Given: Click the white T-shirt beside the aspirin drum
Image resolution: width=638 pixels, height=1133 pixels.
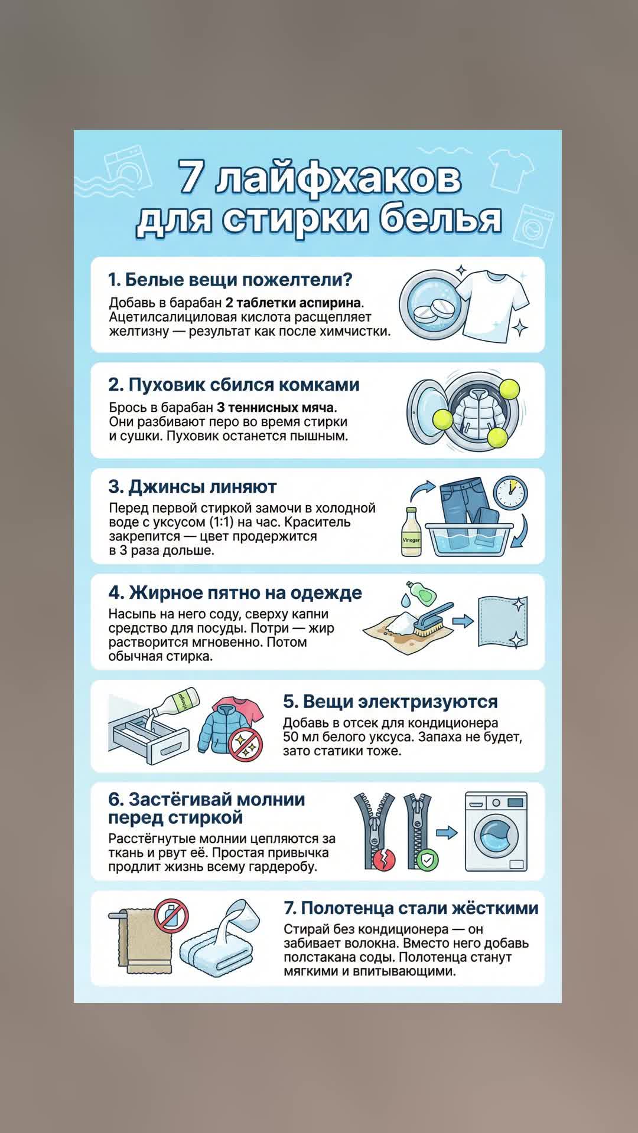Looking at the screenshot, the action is [x=493, y=306].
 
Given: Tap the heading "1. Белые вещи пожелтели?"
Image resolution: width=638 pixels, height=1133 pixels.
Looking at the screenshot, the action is [x=230, y=280].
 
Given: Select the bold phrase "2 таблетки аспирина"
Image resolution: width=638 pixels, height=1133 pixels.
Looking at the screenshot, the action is [x=293, y=303].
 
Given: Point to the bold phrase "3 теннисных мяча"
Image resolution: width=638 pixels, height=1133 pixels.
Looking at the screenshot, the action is [x=275, y=408].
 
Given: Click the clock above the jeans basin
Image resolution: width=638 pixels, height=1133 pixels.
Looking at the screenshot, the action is [x=510, y=493].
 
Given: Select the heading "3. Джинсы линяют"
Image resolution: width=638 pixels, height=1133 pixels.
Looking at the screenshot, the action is [x=193, y=487].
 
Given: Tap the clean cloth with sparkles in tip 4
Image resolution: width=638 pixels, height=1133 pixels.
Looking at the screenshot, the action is [x=502, y=623].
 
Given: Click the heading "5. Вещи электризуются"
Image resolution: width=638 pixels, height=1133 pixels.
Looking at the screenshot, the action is [x=390, y=702].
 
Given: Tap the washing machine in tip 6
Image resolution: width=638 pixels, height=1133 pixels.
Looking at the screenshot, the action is [x=496, y=831].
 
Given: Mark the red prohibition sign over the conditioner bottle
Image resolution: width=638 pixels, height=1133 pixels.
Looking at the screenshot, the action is [x=171, y=916].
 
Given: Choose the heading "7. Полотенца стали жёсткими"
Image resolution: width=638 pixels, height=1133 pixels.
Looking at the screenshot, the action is [x=411, y=908].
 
